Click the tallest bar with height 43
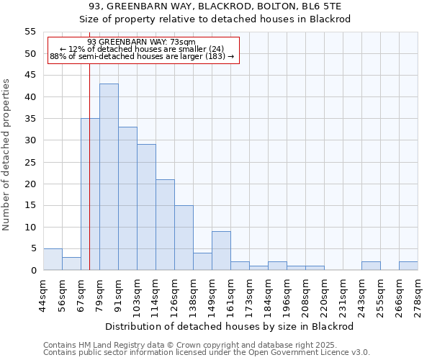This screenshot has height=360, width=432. point(109,177)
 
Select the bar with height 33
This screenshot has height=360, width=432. point(127,199)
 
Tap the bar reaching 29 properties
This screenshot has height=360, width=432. point(146,207)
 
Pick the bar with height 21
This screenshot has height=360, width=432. point(165,225)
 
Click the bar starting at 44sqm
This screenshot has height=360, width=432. point(53,259)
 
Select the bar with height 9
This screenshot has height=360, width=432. point(221,251)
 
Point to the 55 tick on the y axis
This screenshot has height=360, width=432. point(30,32)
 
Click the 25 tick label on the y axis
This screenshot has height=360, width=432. point(30,162)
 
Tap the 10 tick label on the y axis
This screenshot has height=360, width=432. point(30,227)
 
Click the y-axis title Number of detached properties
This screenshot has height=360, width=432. point(6,155)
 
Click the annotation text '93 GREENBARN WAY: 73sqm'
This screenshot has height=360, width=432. point(141,42)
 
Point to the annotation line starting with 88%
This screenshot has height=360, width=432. point(142,56)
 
